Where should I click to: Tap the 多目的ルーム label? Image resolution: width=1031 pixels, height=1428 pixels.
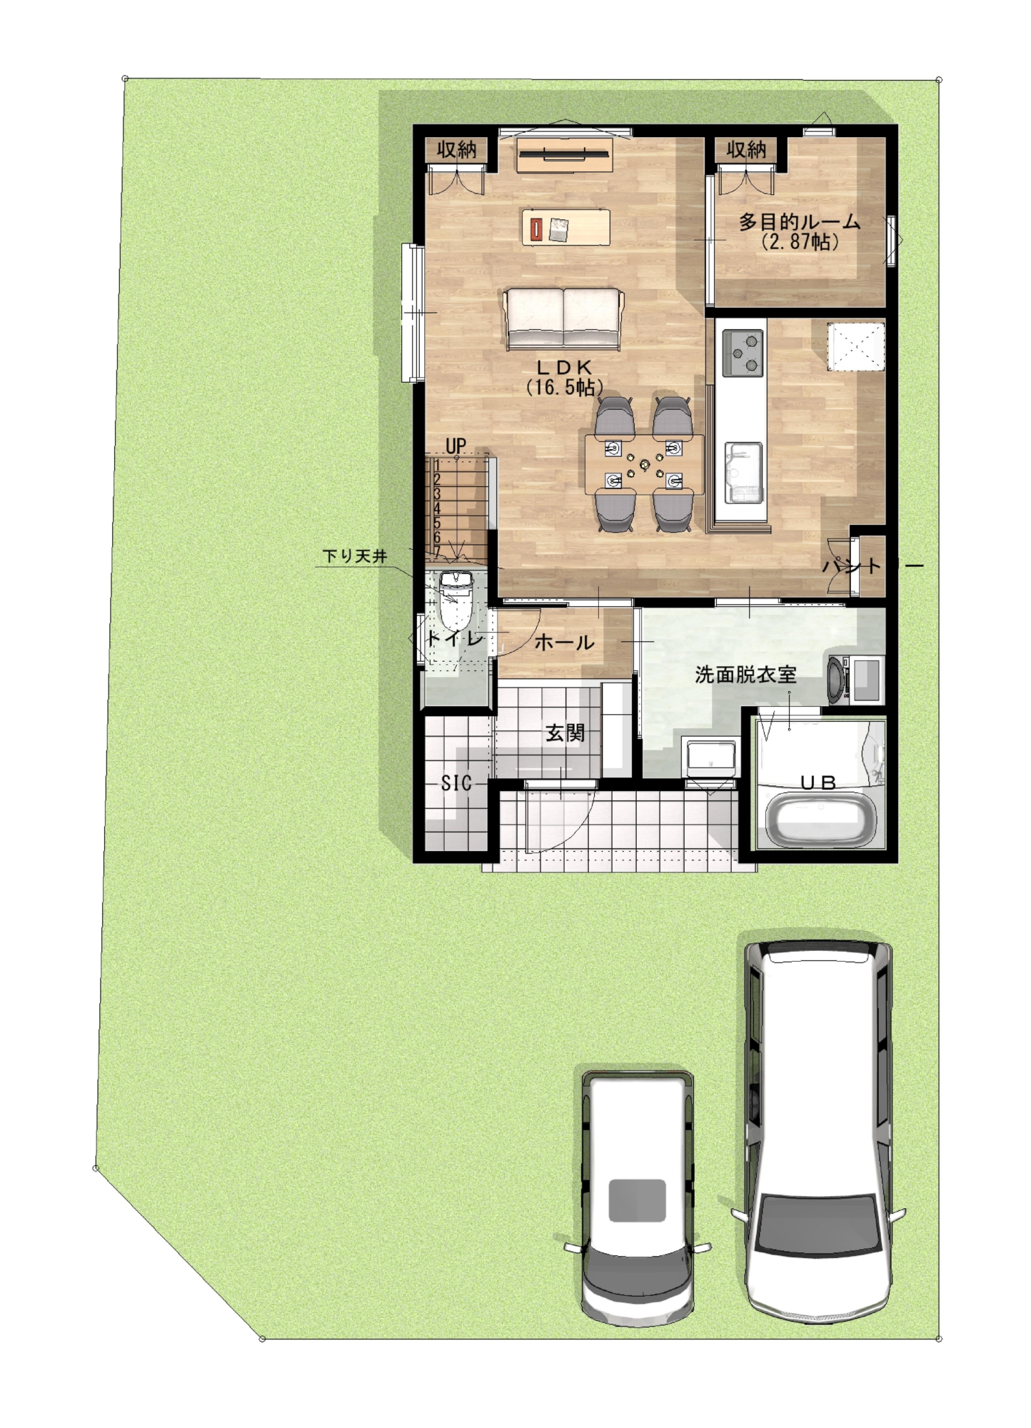799,222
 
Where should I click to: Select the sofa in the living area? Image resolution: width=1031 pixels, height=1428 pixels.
563,318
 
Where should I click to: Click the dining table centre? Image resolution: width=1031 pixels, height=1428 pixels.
644,465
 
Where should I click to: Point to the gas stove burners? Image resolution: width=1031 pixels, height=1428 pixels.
743,353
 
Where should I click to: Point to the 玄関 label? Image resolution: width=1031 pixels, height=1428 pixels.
565,733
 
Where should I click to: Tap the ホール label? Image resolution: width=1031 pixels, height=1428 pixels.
564,642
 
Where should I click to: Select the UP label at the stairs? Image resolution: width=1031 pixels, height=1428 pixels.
456,446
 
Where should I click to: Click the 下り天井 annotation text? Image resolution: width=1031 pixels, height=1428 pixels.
355,555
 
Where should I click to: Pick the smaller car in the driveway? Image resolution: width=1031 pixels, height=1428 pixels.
638,1198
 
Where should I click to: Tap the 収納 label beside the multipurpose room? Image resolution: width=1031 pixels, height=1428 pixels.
746,150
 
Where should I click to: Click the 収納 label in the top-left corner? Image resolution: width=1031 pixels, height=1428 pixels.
456,150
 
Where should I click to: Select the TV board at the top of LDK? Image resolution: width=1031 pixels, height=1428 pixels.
565,154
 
